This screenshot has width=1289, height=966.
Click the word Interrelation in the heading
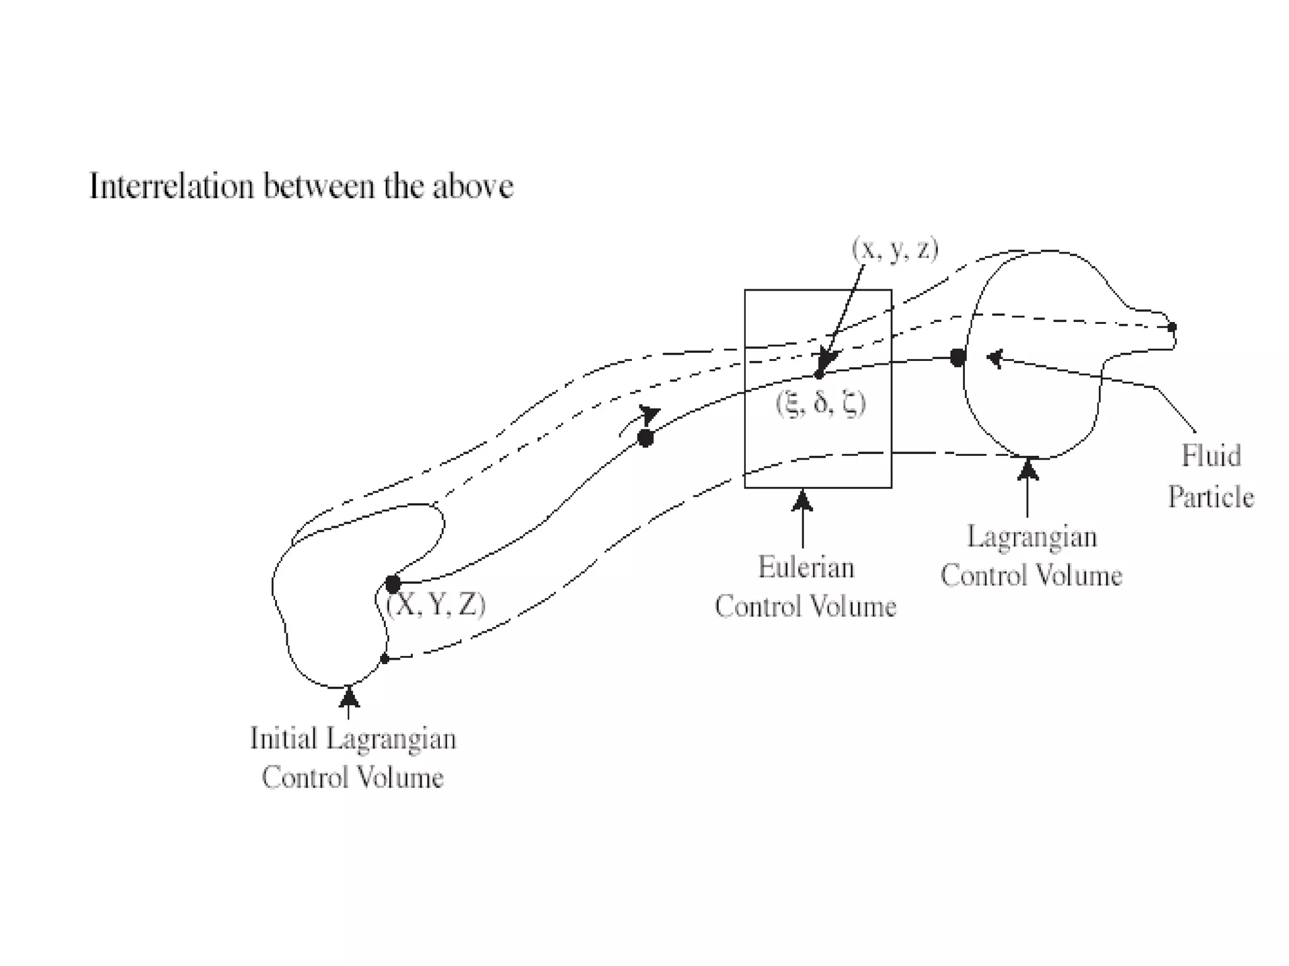171,187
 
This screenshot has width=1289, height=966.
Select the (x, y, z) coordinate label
895,250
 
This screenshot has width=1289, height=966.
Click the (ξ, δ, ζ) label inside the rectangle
821,403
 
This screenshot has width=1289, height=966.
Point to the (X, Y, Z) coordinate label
436,605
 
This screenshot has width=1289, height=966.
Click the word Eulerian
806,568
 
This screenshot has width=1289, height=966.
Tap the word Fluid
1211,456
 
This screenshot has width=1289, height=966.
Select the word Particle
1211,497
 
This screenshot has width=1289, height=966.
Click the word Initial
283,739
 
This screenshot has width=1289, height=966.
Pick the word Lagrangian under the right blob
1032,537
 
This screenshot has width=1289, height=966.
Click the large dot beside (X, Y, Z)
393,584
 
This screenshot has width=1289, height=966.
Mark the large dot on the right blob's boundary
957,358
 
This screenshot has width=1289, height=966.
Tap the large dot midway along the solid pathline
645,438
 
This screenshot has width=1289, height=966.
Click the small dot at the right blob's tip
1171,327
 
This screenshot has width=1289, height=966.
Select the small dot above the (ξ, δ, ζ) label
818,375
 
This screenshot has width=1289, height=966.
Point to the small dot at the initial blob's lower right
385,659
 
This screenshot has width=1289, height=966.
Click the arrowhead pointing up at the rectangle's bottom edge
802,501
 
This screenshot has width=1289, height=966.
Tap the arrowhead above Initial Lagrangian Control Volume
349,697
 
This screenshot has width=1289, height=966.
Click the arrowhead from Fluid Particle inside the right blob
994,358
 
